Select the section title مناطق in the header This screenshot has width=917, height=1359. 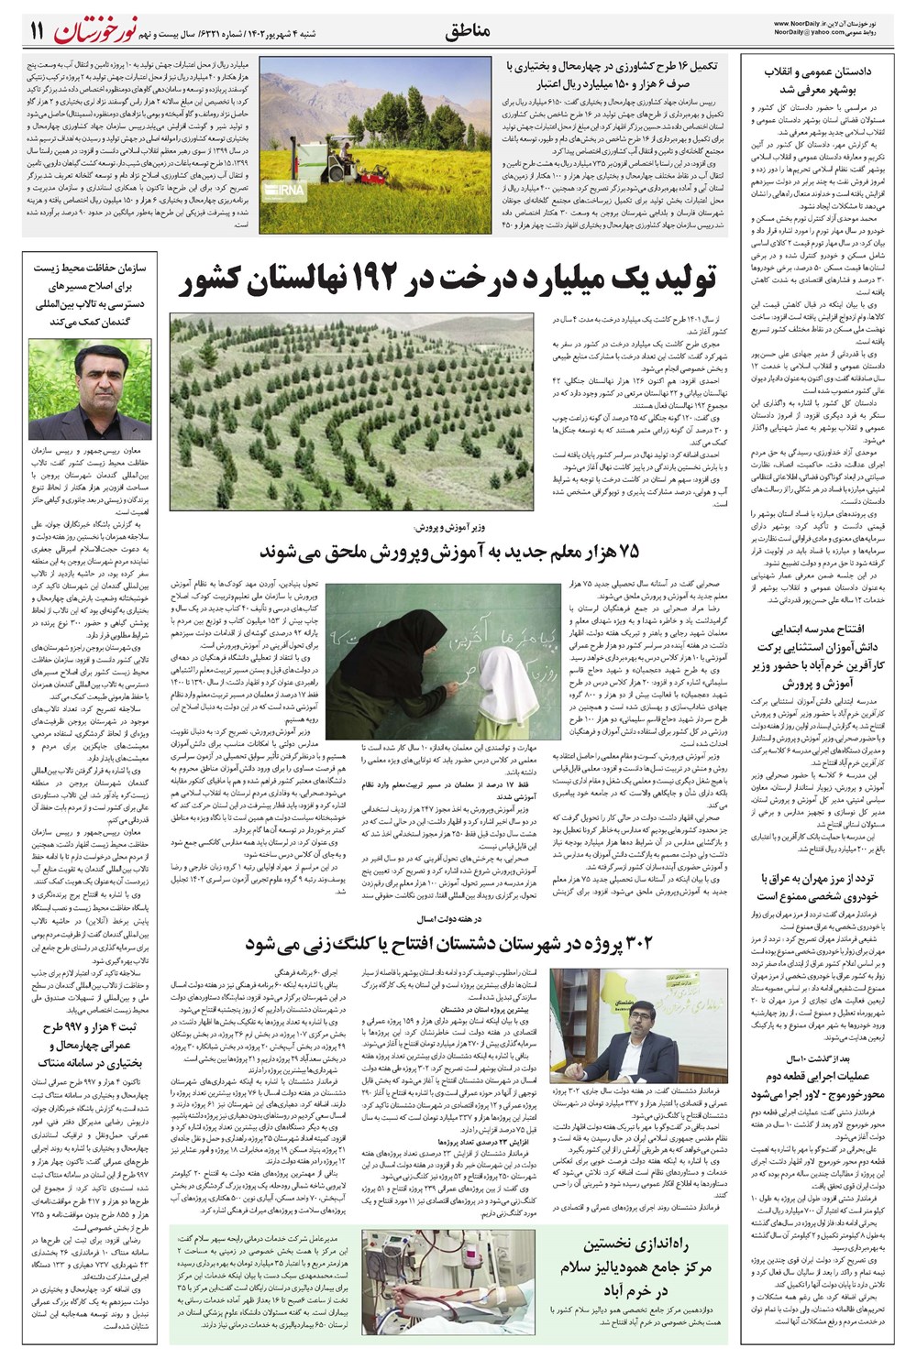coord(468,30)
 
